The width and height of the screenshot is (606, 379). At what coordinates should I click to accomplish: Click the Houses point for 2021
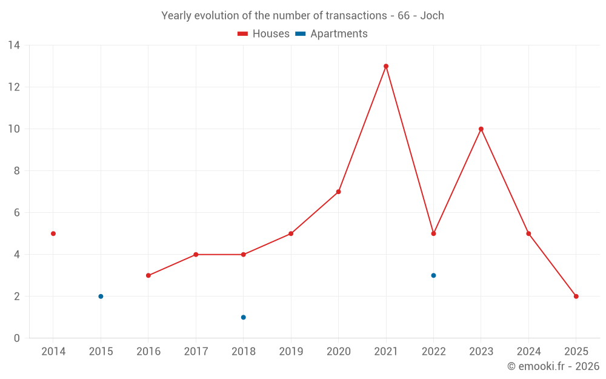pyautogui.click(x=386, y=66)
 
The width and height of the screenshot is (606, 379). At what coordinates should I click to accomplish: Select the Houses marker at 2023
pyautogui.click(x=481, y=129)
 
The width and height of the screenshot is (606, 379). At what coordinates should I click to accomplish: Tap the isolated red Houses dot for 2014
pyautogui.click(x=53, y=233)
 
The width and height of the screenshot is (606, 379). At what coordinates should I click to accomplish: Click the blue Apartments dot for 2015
pyautogui.click(x=101, y=297)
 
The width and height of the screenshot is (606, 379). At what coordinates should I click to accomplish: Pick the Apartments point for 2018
pyautogui.click(x=244, y=317)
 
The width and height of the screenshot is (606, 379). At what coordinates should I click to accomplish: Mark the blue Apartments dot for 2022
pyautogui.click(x=433, y=275)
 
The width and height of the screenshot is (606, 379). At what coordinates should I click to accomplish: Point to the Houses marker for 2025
pyautogui.click(x=576, y=297)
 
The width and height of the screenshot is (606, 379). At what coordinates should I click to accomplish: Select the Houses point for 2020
pyautogui.click(x=339, y=192)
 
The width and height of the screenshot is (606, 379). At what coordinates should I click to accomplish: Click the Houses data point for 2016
pyautogui.click(x=148, y=275)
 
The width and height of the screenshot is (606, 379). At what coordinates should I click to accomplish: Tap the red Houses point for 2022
pyautogui.click(x=433, y=233)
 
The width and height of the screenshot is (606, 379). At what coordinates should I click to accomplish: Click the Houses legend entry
pyautogui.click(x=264, y=34)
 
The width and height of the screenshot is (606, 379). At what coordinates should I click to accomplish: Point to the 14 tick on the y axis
pyautogui.click(x=14, y=45)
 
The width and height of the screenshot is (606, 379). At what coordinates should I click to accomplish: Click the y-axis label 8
pyautogui.click(x=17, y=171)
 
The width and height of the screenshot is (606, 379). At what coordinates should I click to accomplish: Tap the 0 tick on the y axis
pyautogui.click(x=17, y=338)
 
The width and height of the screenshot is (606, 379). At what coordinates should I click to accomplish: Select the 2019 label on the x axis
pyautogui.click(x=291, y=352)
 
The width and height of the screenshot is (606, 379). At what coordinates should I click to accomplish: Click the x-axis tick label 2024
pyautogui.click(x=528, y=352)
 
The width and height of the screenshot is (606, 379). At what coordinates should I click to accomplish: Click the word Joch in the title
pyautogui.click(x=432, y=16)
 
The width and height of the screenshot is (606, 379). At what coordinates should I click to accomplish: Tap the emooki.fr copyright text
pyautogui.click(x=553, y=366)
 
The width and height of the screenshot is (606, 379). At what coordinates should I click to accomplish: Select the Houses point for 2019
pyautogui.click(x=291, y=233)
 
